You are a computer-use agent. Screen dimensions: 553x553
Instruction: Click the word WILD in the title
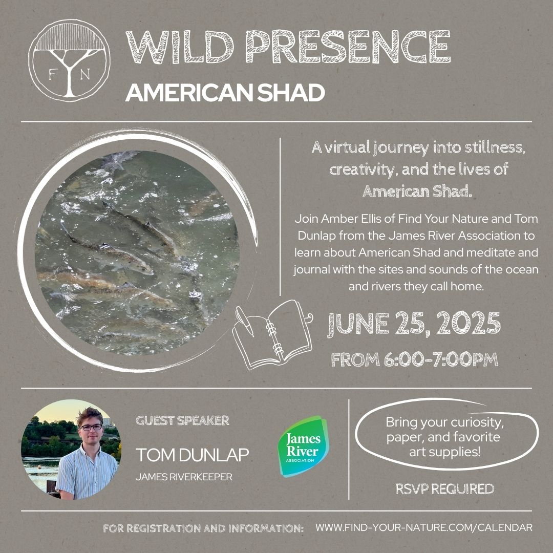(180, 47)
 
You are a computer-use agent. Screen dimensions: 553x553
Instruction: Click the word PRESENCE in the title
(349, 47)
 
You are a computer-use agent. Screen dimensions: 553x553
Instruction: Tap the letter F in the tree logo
(52, 75)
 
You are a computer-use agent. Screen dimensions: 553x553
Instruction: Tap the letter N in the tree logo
(85, 75)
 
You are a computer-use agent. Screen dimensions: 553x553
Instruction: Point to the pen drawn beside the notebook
(245, 321)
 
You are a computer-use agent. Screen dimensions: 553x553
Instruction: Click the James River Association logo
(303, 446)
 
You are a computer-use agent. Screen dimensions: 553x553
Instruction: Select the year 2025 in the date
(469, 324)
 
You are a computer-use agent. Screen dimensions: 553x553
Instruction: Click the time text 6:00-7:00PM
(441, 360)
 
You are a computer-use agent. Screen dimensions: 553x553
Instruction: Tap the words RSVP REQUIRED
(445, 489)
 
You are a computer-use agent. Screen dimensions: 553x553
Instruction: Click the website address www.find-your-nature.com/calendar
(424, 527)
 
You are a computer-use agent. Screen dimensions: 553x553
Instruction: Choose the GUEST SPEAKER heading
(182, 420)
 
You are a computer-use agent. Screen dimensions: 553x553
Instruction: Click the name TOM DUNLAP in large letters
(192, 455)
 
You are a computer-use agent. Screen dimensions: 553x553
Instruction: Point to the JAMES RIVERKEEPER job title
(184, 477)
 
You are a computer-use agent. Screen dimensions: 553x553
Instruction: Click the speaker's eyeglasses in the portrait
(91, 427)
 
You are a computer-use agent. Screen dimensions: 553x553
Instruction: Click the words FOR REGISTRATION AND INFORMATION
(203, 528)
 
